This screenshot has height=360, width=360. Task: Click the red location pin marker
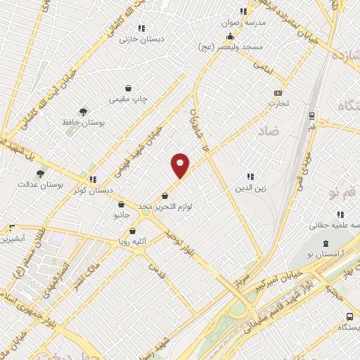click(x=181, y=165)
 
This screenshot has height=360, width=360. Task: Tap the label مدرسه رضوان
click(x=244, y=22)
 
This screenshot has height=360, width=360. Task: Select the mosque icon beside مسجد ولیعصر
click(x=230, y=36)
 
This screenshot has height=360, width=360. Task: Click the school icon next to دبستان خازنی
click(x=141, y=29)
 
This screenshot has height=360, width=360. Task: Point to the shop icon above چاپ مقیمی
click(x=129, y=89)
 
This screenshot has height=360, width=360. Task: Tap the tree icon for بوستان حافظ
click(x=84, y=112)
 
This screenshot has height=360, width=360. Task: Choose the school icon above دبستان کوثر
click(x=92, y=179)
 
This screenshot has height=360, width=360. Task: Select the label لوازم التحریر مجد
click(x=165, y=207)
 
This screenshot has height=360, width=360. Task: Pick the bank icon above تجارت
click(x=278, y=93)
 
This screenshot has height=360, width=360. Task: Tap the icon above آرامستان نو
click(x=325, y=243)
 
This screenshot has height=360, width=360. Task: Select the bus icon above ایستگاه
click(x=349, y=316)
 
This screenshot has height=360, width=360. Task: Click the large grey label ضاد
click(x=268, y=131)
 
